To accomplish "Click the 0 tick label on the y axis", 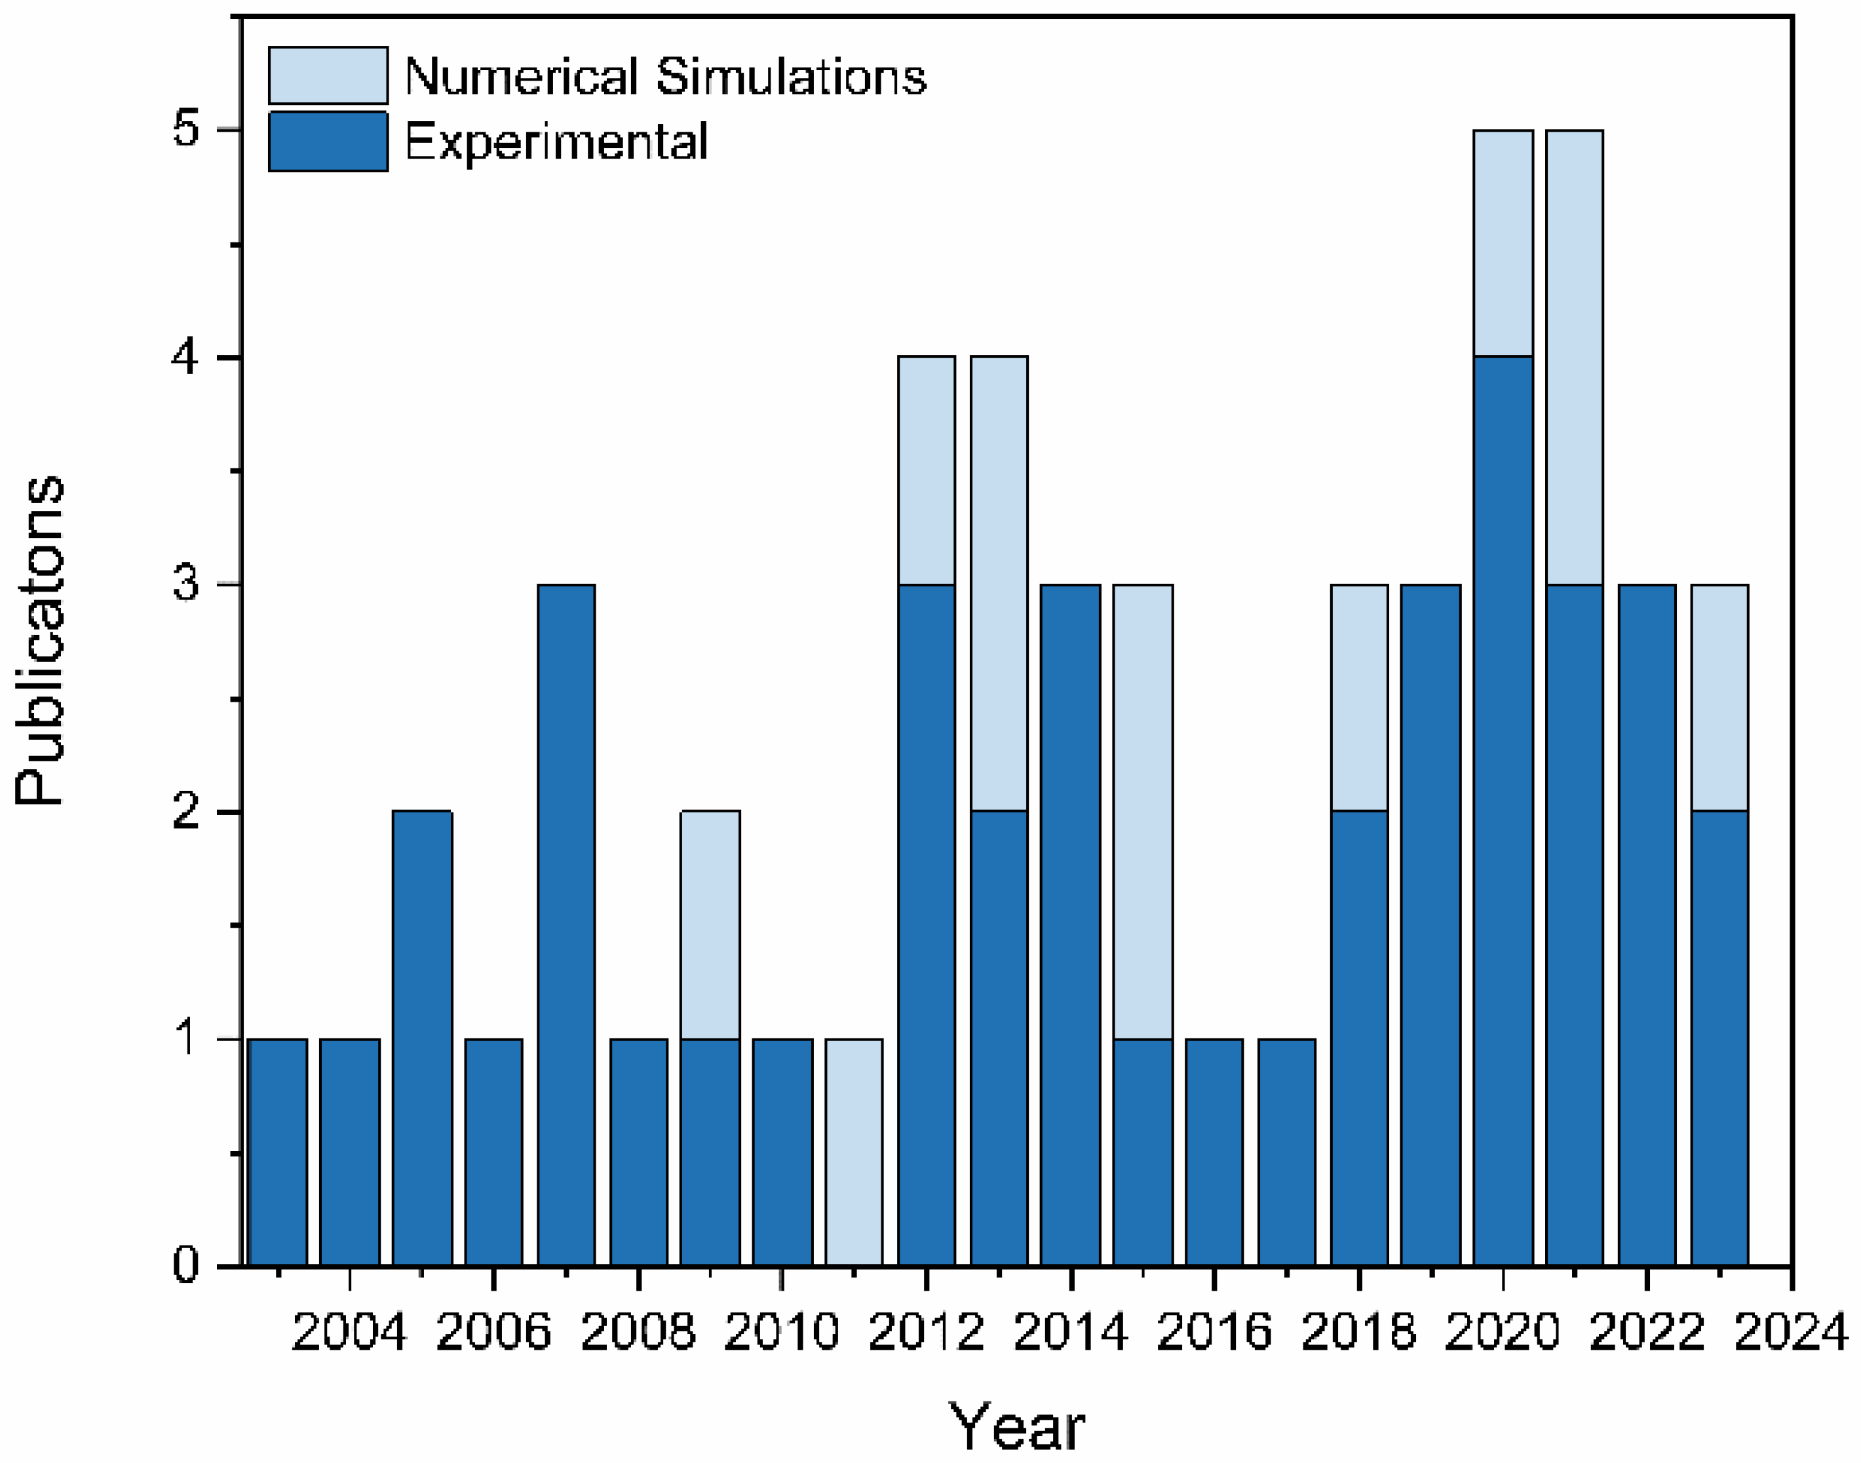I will coord(186,1265).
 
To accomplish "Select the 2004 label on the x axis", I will coord(349,1334).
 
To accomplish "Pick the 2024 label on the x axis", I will coord(1791,1334).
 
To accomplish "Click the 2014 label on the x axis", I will coord(1070,1334).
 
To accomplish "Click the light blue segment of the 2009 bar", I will coord(710,925).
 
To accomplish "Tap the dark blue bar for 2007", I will coord(566,925).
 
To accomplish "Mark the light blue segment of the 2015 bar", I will coord(1142,812).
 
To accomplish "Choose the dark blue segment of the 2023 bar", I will coord(1719,1038).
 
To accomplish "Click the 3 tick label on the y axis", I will coord(186,585).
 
